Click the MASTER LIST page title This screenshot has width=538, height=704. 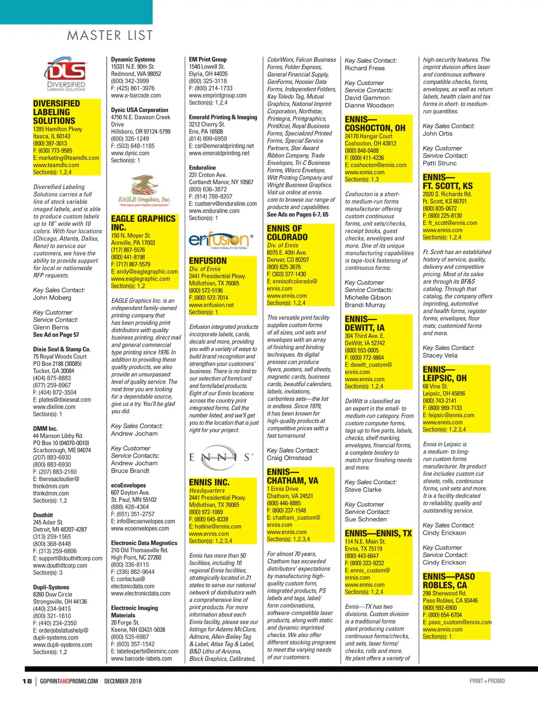click(110, 35)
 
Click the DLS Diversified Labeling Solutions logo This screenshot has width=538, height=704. click(66, 74)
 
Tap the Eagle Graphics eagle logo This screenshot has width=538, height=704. click(144, 190)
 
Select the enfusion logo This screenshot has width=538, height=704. click(221, 241)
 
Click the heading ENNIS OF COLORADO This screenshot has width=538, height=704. click(287, 233)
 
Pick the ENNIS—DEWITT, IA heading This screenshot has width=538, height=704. click(364, 323)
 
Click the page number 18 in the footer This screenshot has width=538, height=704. click(27, 681)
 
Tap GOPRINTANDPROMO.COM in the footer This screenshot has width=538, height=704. click(69, 681)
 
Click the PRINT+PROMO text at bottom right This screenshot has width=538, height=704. click(487, 681)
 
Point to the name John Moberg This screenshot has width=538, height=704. click(52, 298)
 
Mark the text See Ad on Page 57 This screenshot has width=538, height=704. click(56, 335)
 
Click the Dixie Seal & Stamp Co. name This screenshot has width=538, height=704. click(61, 349)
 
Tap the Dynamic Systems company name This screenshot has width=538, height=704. click(133, 59)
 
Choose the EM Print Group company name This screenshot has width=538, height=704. click(208, 59)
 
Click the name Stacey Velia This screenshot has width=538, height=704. click(440, 355)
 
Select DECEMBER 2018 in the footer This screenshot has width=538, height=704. click(123, 681)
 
